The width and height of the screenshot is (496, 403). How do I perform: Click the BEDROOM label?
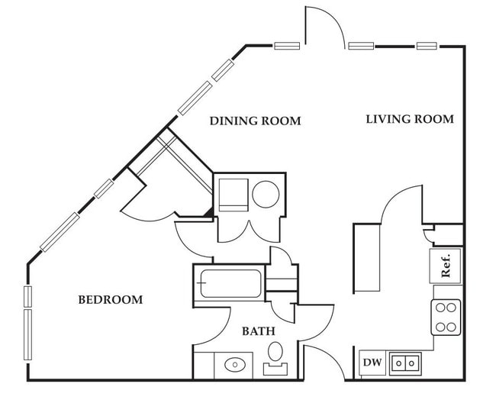pyautogui.click(x=111, y=299)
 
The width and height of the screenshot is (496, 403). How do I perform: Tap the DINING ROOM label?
pyautogui.click(x=256, y=121)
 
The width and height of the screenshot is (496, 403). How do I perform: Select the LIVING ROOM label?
pyautogui.click(x=410, y=119)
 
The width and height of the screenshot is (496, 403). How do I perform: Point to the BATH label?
pyautogui.click(x=259, y=331)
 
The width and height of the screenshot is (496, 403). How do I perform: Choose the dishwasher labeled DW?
pyautogui.click(x=372, y=363)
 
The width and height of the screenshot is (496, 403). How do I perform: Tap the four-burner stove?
pyautogui.click(x=446, y=317)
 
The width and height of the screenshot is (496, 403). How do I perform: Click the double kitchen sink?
pyautogui.click(x=405, y=363)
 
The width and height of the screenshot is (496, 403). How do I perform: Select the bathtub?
pyautogui.click(x=230, y=283)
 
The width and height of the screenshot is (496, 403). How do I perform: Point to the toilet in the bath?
pyautogui.click(x=275, y=358)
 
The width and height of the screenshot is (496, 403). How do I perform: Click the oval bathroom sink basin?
pyautogui.click(x=235, y=364)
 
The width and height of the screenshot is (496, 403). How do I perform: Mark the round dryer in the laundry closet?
pyautogui.click(x=266, y=194)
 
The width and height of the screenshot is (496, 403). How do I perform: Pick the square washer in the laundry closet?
pyautogui.click(x=234, y=195)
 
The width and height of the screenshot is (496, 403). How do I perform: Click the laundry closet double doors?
pyautogui.click(x=250, y=232)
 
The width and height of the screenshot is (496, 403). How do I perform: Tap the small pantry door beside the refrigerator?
pyautogui.click(x=428, y=235)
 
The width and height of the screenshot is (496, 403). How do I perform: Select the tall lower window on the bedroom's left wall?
pyautogui.click(x=27, y=334)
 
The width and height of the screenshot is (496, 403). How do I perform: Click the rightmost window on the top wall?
pyautogui.click(x=427, y=46)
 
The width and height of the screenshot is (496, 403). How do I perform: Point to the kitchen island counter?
pyautogui.click(x=367, y=258)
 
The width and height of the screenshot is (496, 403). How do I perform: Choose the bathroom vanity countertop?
pyautogui.click(x=224, y=365)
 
